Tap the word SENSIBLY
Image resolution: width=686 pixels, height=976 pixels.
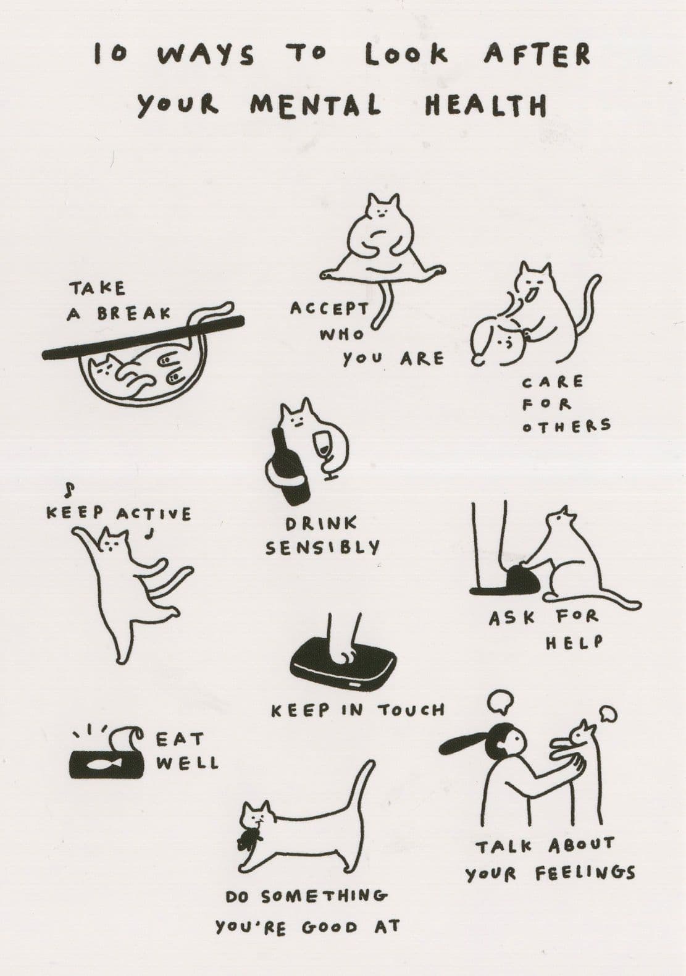[322, 548]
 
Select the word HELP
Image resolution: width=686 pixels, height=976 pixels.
[574, 643]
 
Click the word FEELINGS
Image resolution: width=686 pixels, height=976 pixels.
[585, 873]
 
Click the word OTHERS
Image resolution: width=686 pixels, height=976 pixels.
[566, 426]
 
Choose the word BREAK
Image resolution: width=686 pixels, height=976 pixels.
[134, 313]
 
